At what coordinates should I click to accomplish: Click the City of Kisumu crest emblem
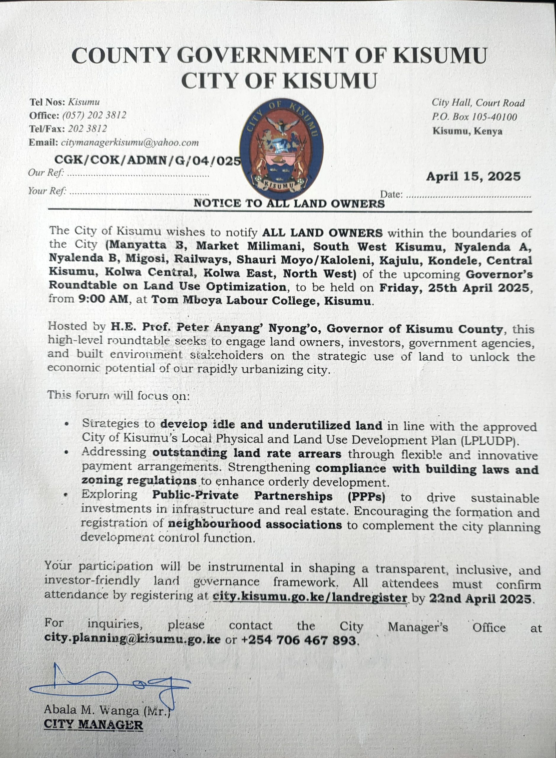tap(282, 149)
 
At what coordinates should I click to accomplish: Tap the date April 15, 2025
tap(473, 176)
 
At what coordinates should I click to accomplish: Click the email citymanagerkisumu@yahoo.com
tap(130, 142)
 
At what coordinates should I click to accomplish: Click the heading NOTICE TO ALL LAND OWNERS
tap(289, 203)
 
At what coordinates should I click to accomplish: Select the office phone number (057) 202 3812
tap(94, 115)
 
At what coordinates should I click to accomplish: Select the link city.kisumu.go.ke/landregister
tap(310, 598)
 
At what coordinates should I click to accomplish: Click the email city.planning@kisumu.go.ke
tap(132, 639)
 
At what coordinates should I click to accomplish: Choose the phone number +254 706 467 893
tap(298, 640)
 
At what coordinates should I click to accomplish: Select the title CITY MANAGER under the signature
tap(93, 725)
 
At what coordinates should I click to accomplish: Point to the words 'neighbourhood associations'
tap(255, 524)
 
